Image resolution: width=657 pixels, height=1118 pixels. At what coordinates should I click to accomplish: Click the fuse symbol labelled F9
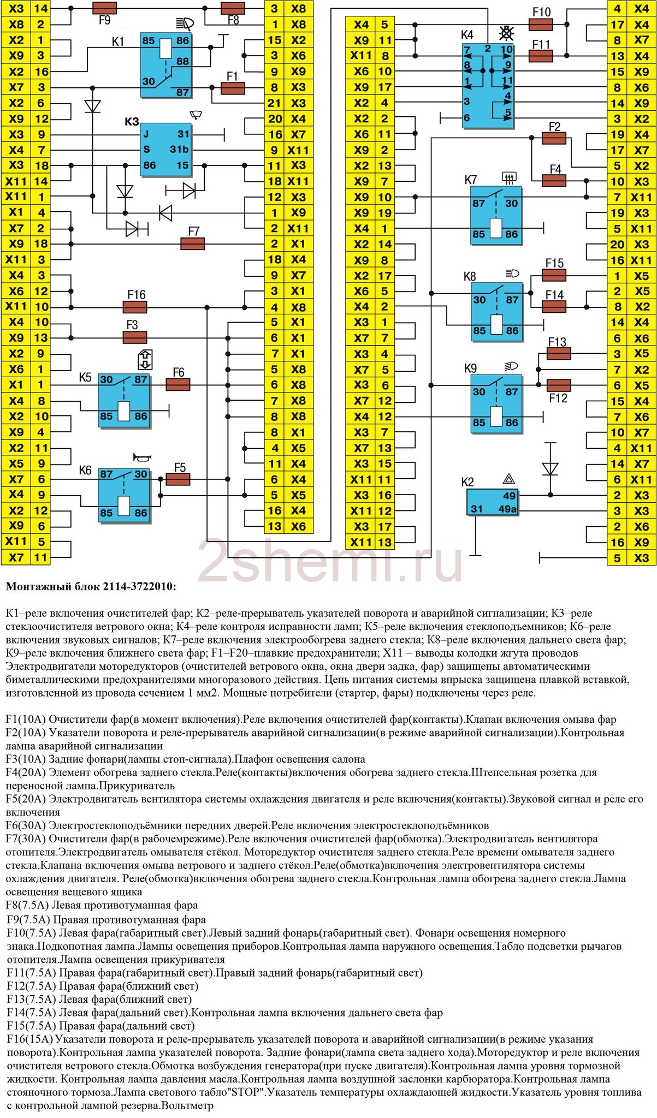pyautogui.click(x=104, y=8)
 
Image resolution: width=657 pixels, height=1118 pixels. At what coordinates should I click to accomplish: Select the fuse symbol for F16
pyautogui.click(x=137, y=307)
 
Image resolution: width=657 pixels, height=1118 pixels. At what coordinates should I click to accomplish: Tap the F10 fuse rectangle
pyautogui.click(x=541, y=25)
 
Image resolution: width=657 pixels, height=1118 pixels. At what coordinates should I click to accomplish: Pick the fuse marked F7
pyautogui.click(x=192, y=243)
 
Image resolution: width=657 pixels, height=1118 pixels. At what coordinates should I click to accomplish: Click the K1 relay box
pyautogui.click(x=165, y=65)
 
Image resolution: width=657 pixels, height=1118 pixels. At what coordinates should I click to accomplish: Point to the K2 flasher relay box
pyautogui.click(x=492, y=502)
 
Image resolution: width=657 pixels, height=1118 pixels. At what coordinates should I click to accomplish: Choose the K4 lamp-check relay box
pyautogui.click(x=488, y=86)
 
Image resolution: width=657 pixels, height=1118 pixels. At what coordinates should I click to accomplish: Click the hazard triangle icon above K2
pyautogui.click(x=509, y=480)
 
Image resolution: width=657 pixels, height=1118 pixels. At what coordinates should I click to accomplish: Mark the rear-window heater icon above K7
pyautogui.click(x=509, y=177)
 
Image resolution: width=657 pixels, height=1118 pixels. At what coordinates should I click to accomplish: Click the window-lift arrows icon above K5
pyautogui.click(x=145, y=359)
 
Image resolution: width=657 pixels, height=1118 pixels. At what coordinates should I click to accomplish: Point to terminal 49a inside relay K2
pyautogui.click(x=508, y=509)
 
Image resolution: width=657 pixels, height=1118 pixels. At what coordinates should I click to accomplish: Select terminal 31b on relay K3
pyautogui.click(x=179, y=150)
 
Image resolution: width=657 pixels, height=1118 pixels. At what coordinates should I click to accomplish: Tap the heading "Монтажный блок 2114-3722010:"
pyautogui.click(x=91, y=587)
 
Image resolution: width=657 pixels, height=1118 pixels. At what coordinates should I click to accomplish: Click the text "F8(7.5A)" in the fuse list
pyautogui.click(x=27, y=906)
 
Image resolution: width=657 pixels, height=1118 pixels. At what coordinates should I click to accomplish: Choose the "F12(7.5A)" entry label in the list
pyautogui.click(x=32, y=986)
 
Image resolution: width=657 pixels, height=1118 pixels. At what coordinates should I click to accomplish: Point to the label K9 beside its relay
pyautogui.click(x=470, y=368)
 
